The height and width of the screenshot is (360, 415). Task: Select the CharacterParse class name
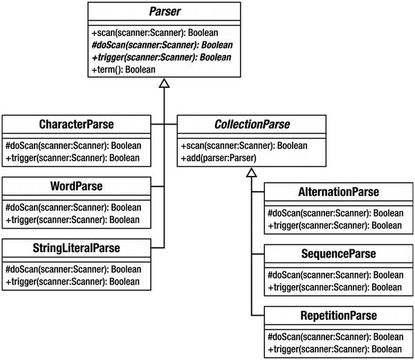tap(76, 125)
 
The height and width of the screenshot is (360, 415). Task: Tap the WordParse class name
tap(76, 186)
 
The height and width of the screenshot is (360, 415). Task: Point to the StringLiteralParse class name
tap(76, 247)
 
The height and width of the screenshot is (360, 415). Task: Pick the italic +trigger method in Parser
tap(160, 57)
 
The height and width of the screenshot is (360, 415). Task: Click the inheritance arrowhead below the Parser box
tap(163, 84)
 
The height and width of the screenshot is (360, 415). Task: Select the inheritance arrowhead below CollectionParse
tap(252, 173)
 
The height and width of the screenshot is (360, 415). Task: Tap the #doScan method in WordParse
tap(73, 207)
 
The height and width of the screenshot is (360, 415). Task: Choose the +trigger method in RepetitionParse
tap(333, 348)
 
